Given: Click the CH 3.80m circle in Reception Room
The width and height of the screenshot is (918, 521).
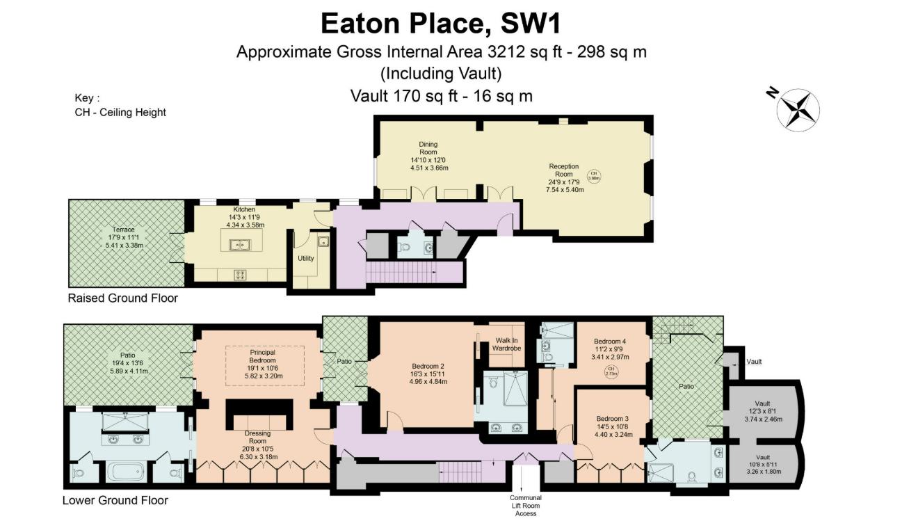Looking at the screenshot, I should click(x=594, y=176).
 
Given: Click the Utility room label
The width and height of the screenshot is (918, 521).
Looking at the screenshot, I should click(x=306, y=258).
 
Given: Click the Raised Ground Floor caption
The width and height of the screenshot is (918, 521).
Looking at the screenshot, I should click(x=122, y=298).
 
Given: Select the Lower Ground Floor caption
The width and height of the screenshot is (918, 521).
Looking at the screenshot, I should click(x=115, y=500).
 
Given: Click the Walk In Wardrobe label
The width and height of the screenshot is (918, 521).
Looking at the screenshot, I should click(x=506, y=344).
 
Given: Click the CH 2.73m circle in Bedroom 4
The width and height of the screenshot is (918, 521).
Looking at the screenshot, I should click(x=611, y=371).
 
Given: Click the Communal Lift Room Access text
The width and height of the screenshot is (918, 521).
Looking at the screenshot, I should click(x=525, y=506).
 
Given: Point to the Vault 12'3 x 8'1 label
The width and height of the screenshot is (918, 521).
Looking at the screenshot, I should click(x=763, y=411).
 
